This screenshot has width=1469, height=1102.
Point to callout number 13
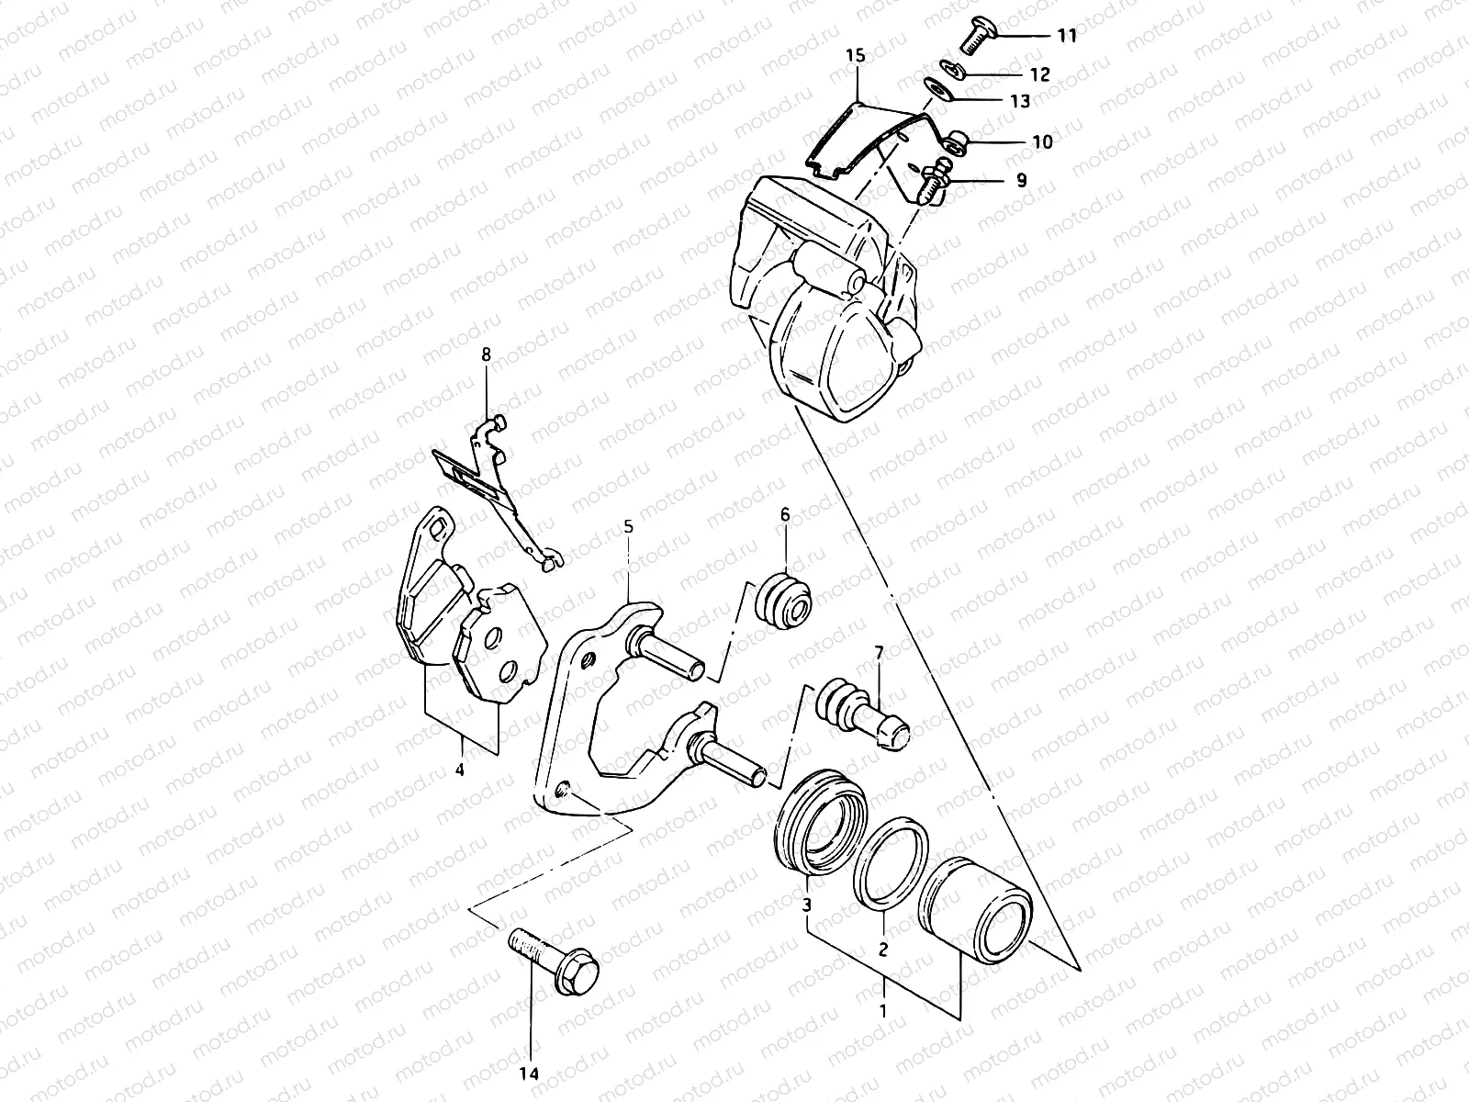click(x=1020, y=101)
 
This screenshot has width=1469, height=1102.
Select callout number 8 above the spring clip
click(x=487, y=354)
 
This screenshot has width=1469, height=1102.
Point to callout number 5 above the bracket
click(x=628, y=527)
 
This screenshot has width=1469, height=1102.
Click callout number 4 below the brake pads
click(x=459, y=770)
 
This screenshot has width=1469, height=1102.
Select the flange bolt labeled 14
click(x=553, y=958)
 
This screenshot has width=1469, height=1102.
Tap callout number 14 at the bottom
click(x=531, y=1074)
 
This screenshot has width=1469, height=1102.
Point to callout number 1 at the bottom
click(x=883, y=1013)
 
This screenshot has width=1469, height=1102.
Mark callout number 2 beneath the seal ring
click(x=882, y=950)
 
